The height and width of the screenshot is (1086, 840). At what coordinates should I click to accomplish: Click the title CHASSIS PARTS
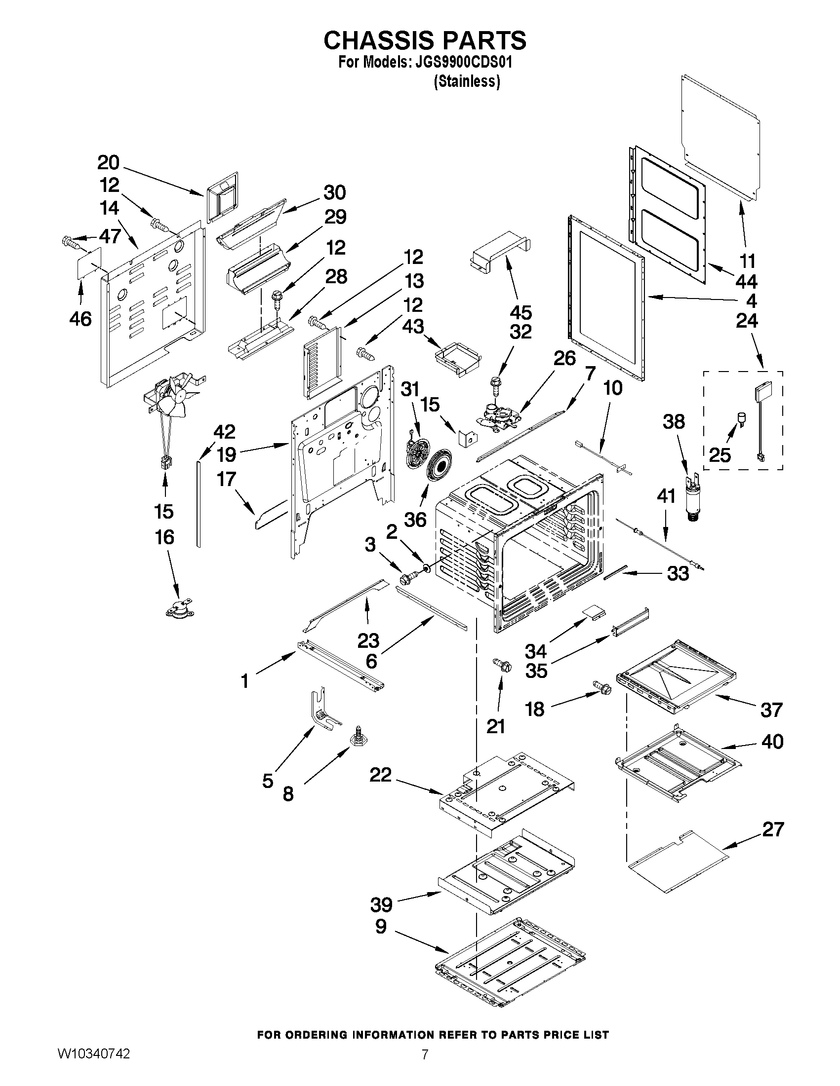tap(425, 41)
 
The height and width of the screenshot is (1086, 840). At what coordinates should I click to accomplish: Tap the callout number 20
tap(109, 163)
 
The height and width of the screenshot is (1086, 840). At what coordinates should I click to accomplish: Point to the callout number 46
tap(80, 318)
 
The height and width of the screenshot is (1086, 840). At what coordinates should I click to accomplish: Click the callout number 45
tap(520, 312)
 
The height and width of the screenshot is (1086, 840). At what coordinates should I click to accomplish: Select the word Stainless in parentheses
tap(467, 81)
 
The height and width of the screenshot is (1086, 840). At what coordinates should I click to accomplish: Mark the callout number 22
tap(380, 775)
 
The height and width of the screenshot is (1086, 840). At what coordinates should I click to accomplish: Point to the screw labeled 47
tap(71, 243)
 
